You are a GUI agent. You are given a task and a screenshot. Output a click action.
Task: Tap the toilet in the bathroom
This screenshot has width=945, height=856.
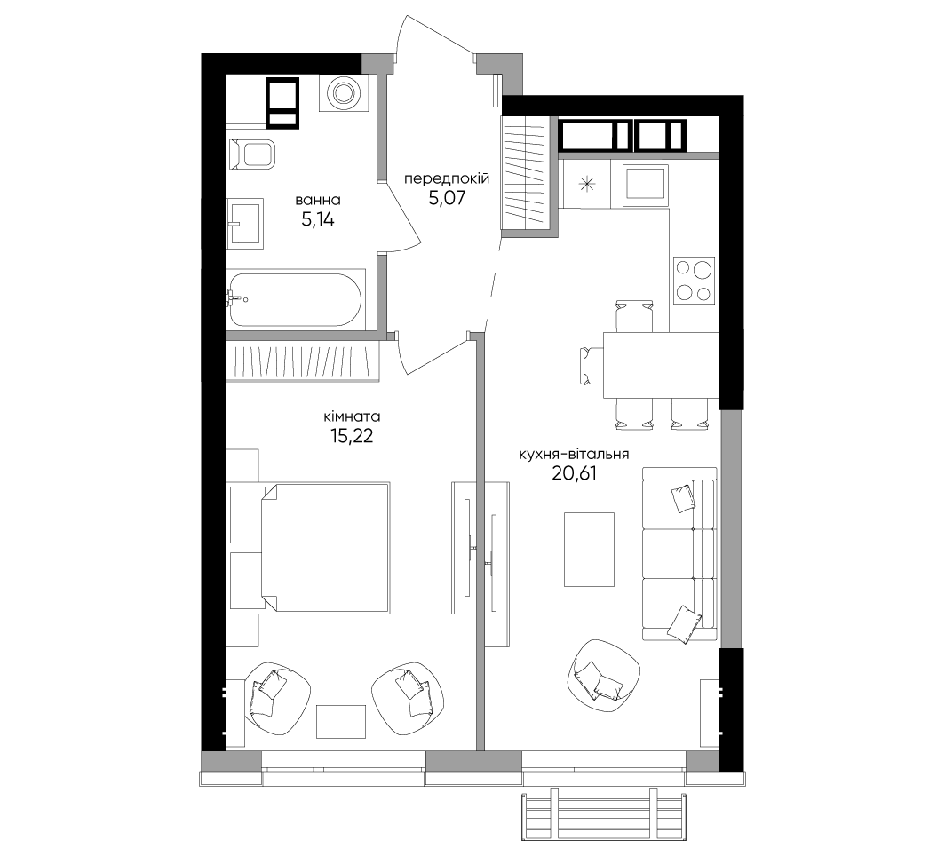coord(252,155)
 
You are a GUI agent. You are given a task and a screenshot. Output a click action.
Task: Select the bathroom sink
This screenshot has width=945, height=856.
coord(245,224)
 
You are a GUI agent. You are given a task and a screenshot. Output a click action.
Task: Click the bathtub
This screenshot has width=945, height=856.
coord(296,300)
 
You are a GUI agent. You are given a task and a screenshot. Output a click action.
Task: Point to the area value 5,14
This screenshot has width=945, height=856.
coord(318,220)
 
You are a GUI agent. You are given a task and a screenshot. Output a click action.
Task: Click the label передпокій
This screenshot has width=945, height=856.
coord(447,178)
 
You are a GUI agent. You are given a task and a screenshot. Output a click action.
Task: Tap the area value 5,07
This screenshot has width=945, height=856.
coord(447,198)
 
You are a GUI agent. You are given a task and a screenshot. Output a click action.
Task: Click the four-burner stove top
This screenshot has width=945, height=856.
coord(695,280)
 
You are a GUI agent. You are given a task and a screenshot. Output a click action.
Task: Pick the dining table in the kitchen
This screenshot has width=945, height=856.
coord(661,365)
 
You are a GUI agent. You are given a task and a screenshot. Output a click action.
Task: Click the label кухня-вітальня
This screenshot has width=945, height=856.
coord(574,455)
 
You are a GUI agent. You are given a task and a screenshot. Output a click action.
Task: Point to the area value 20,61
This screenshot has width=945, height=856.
coord(574,474)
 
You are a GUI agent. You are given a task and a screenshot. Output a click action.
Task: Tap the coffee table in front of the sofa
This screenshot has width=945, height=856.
coord(589,550)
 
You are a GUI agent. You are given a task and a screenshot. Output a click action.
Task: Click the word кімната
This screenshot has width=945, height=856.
coord(352,416)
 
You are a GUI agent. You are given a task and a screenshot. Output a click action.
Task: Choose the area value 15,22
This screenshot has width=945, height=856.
coord(352,436)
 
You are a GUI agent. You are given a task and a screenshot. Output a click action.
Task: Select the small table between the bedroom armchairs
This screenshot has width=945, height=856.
coord(341,722)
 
